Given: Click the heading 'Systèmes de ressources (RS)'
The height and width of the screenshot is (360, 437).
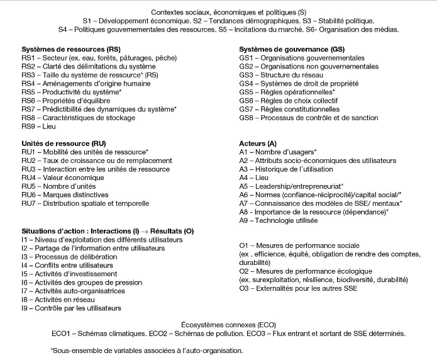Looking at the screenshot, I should (71, 48).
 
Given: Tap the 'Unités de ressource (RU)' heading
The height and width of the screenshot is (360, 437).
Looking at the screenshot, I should (64, 143).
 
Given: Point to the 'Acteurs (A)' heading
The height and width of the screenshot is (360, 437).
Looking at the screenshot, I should (258, 143).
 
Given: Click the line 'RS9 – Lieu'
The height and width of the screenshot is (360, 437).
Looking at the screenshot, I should (39, 126).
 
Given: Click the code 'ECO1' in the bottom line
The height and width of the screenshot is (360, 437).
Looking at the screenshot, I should (62, 333).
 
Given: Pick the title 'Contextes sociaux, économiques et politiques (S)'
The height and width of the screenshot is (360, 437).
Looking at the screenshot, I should (219, 11).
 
